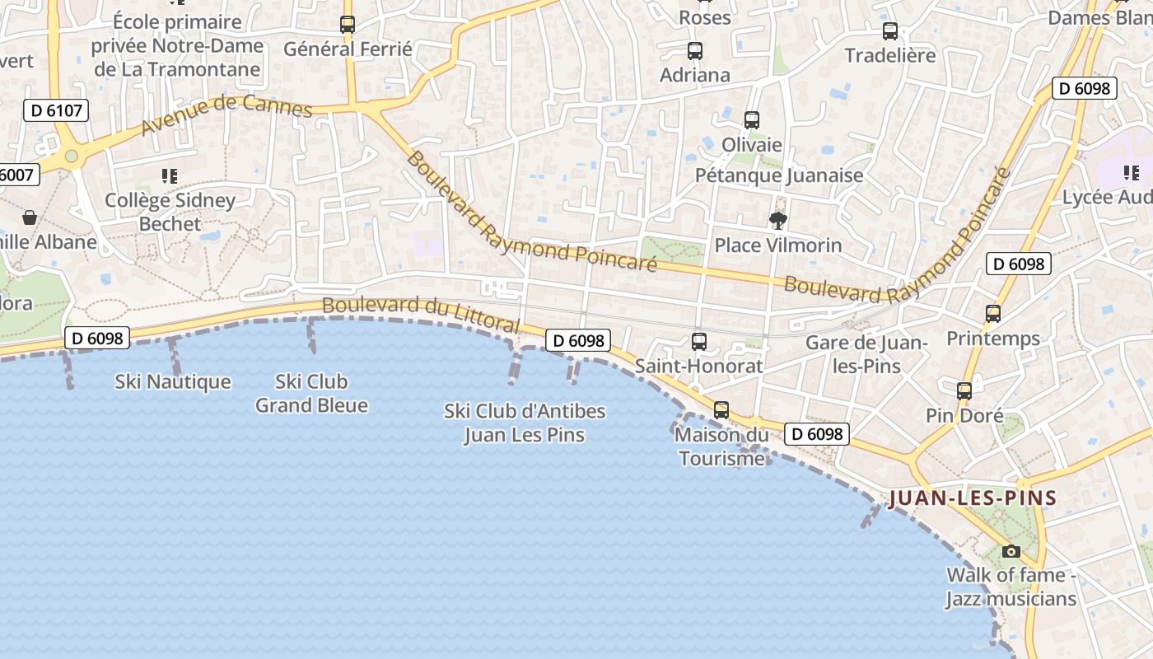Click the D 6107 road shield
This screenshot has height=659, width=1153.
[x=56, y=110]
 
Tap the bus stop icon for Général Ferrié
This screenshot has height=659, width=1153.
[x=348, y=25]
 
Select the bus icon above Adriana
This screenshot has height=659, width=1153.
[x=695, y=51]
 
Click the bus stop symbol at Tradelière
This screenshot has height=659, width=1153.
[x=890, y=31]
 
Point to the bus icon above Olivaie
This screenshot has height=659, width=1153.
[x=752, y=120]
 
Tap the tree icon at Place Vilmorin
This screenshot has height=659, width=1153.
[x=777, y=220]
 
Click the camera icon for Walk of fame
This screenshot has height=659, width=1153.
[x=1011, y=551]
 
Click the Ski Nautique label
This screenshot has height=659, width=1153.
[x=173, y=381]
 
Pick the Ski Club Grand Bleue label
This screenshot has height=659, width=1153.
[x=311, y=393]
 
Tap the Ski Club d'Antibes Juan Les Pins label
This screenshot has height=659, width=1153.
[x=525, y=423]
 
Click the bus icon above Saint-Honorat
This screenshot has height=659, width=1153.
[x=699, y=341]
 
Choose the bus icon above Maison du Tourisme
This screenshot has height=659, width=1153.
[x=721, y=409]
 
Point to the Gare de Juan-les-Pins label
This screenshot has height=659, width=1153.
[x=867, y=354]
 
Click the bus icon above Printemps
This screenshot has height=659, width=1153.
[x=993, y=314]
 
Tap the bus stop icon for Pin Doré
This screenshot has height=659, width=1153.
[x=964, y=391]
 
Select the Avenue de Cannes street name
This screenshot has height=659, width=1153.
[x=226, y=114]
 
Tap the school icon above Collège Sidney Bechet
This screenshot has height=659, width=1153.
[x=170, y=175]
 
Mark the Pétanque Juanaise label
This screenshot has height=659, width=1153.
[x=779, y=175]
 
